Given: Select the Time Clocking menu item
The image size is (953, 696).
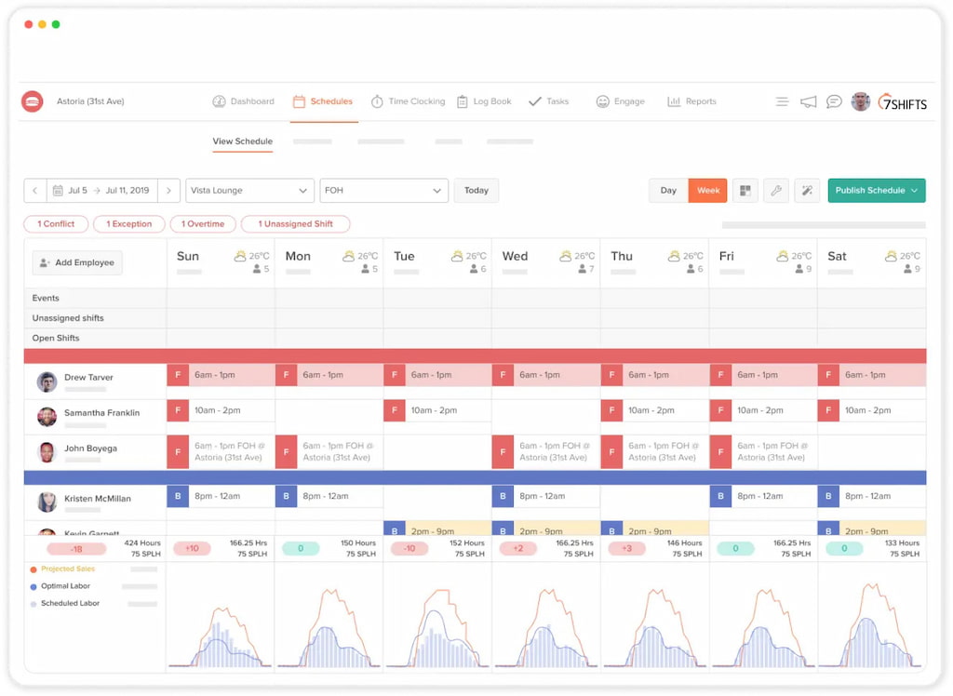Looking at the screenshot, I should pyautogui.click(x=408, y=101).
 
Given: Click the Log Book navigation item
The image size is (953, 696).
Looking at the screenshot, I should pyautogui.click(x=484, y=101).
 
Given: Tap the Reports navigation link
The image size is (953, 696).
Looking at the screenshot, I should pyautogui.click(x=691, y=101).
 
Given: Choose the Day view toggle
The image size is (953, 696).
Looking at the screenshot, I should pyautogui.click(x=668, y=191).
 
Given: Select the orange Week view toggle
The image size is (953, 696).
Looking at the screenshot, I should pyautogui.click(x=708, y=191).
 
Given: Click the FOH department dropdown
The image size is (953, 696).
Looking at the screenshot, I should pyautogui.click(x=383, y=191).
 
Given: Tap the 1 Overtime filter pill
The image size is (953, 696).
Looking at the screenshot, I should pyautogui.click(x=203, y=224).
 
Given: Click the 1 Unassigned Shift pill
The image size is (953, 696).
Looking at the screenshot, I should pyautogui.click(x=295, y=224).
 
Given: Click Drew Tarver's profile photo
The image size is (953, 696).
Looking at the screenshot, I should pyautogui.click(x=47, y=381).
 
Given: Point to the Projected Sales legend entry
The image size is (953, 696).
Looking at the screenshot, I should pyautogui.click(x=68, y=569).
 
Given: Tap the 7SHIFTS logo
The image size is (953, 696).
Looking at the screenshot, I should pyautogui.click(x=902, y=102).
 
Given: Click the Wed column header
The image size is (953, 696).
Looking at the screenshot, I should pyautogui.click(x=515, y=257).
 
